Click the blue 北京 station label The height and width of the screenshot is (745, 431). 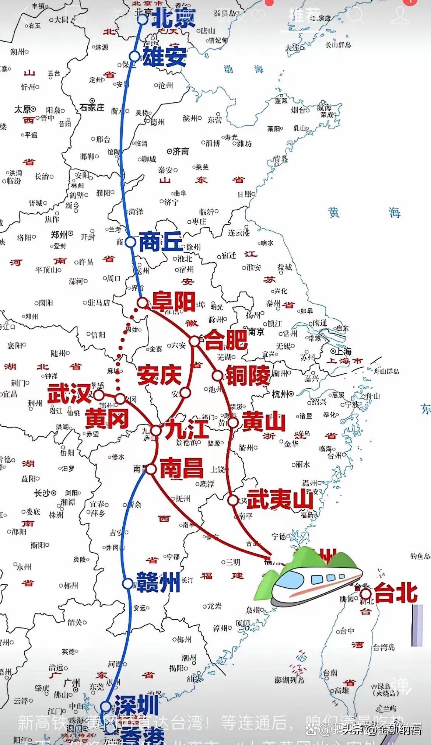pos(173,18)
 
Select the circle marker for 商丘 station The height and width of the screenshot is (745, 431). pos(130,242)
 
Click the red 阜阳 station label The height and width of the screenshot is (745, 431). pos(174,301)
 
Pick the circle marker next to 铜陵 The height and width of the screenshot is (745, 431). pos(218,375)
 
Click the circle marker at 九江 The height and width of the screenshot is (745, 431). pos(156,430)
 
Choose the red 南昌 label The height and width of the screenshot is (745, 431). pos(182,468)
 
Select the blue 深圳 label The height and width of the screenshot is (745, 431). pos(137,705)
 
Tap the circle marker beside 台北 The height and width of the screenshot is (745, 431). pos(365,594)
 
